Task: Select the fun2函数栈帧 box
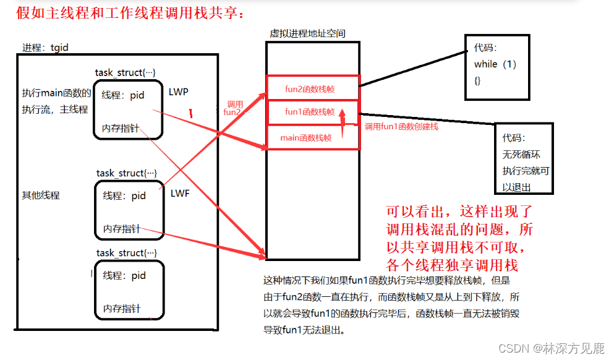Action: (312, 88)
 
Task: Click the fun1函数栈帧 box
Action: (310, 112)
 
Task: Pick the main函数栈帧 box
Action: (305, 138)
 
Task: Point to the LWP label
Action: (179, 92)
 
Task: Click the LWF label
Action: (179, 194)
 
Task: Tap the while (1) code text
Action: (495, 64)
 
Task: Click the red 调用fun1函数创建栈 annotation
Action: (401, 127)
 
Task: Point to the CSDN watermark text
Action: (551, 348)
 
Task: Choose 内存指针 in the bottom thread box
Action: (122, 308)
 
